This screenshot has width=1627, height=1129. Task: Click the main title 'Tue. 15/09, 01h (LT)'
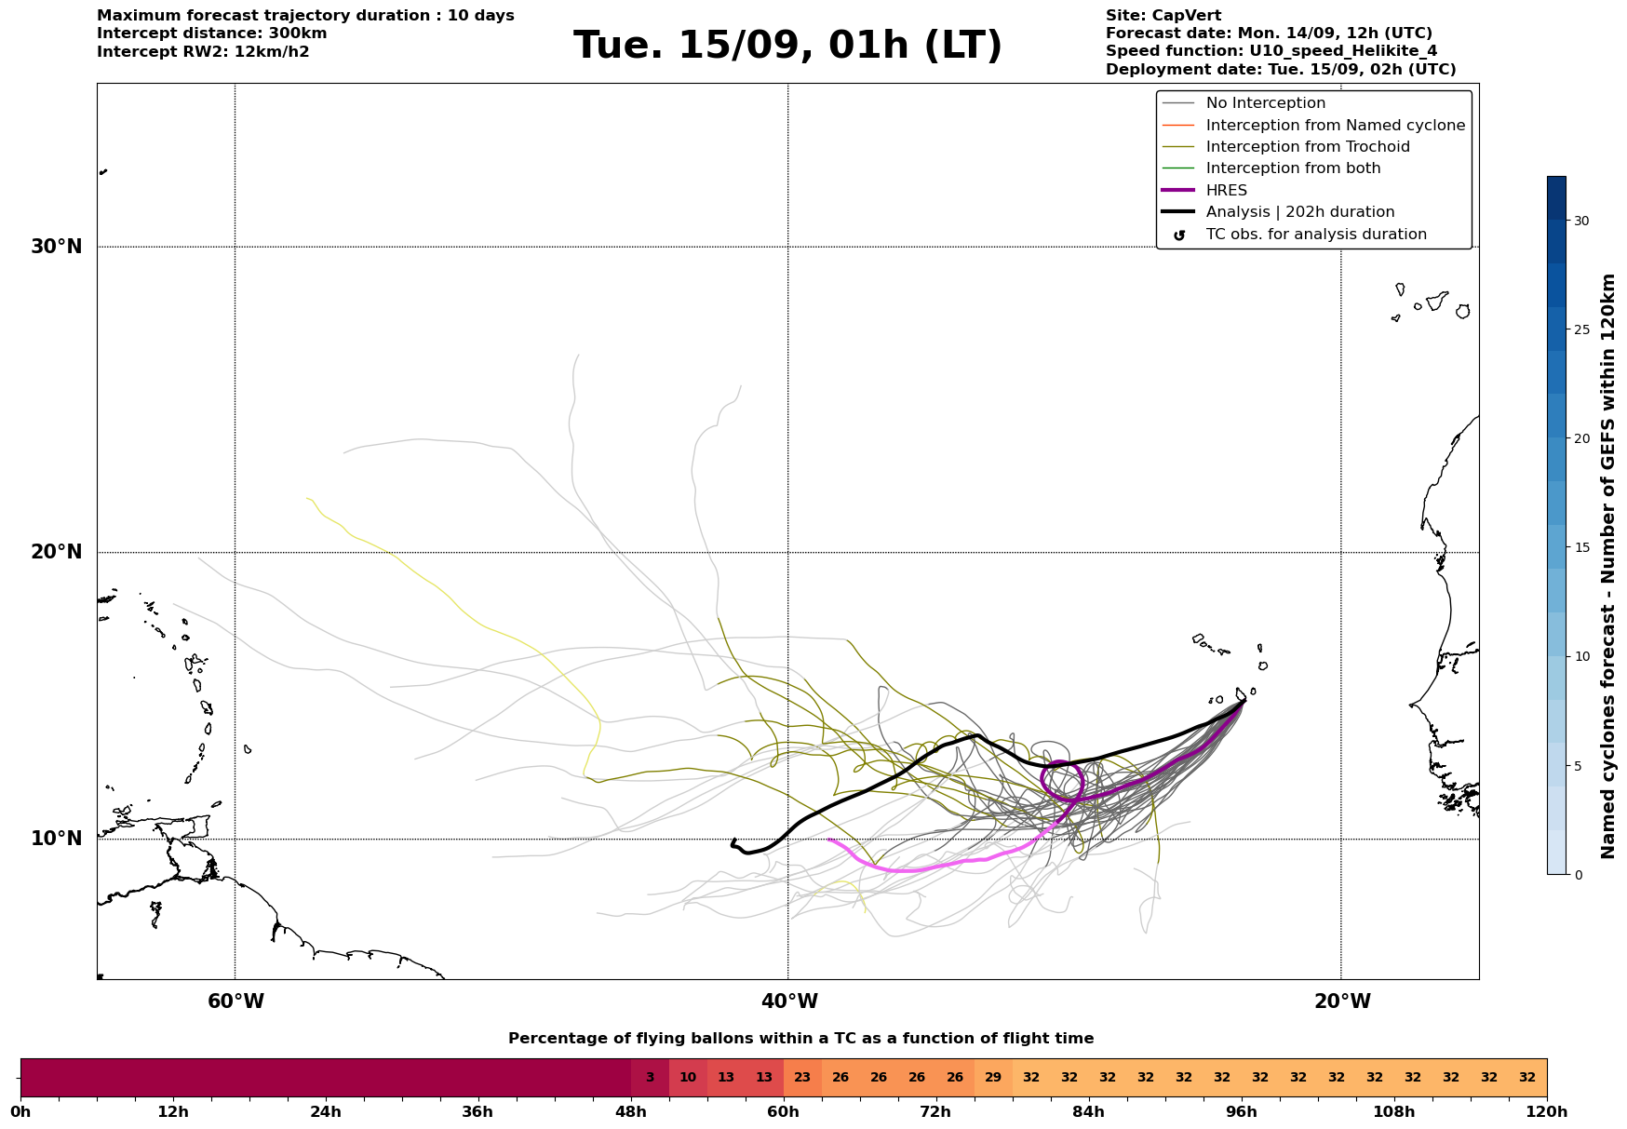tap(787, 46)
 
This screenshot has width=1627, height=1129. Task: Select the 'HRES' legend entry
tap(1226, 191)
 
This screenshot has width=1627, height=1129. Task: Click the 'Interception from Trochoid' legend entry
tap(1308, 147)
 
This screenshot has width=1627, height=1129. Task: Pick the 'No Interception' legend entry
tap(1266, 103)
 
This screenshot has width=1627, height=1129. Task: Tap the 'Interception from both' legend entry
tap(1293, 168)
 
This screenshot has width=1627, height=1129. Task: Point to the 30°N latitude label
tap(56, 247)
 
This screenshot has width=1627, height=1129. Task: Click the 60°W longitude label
tap(235, 1001)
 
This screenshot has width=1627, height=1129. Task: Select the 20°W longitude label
tap(1341, 1001)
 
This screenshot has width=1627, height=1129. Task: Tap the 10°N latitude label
tap(56, 839)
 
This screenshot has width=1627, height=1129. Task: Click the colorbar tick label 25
tap(1581, 329)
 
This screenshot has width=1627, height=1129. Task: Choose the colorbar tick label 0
tap(1578, 875)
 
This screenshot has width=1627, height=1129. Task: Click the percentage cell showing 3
tap(650, 1078)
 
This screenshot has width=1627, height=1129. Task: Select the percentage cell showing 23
tap(802, 1078)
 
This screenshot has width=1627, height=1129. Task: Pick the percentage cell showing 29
tap(993, 1078)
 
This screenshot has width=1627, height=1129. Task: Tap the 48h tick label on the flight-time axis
tap(631, 1112)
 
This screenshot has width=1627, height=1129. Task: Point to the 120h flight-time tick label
tap(1547, 1112)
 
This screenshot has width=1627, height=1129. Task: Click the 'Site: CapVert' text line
tap(1163, 16)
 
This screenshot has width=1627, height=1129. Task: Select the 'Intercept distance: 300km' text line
tap(212, 34)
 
